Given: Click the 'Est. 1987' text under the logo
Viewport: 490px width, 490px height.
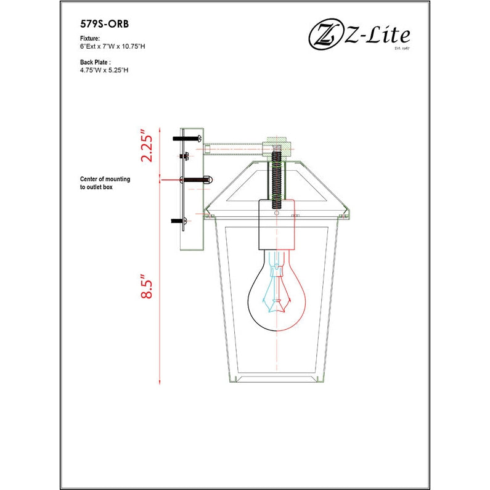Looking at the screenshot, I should coord(402,47).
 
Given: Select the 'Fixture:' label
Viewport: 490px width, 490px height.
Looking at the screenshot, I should coord(90,38).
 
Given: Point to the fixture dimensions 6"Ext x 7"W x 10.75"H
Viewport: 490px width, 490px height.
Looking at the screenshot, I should coord(112,46).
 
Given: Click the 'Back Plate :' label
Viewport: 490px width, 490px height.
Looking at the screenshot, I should coord(96,62).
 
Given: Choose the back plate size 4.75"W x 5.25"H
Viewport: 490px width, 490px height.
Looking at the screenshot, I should coord(104,70).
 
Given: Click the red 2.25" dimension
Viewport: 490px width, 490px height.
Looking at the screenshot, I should coord(146,146).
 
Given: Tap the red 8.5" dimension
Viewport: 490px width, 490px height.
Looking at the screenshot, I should coord(146,287).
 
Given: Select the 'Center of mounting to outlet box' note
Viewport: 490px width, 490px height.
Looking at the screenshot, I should coord(105,182).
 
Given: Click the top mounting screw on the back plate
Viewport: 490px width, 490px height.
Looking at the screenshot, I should coord(187,139).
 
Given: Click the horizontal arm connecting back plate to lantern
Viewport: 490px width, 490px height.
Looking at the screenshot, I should coord(234,147).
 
